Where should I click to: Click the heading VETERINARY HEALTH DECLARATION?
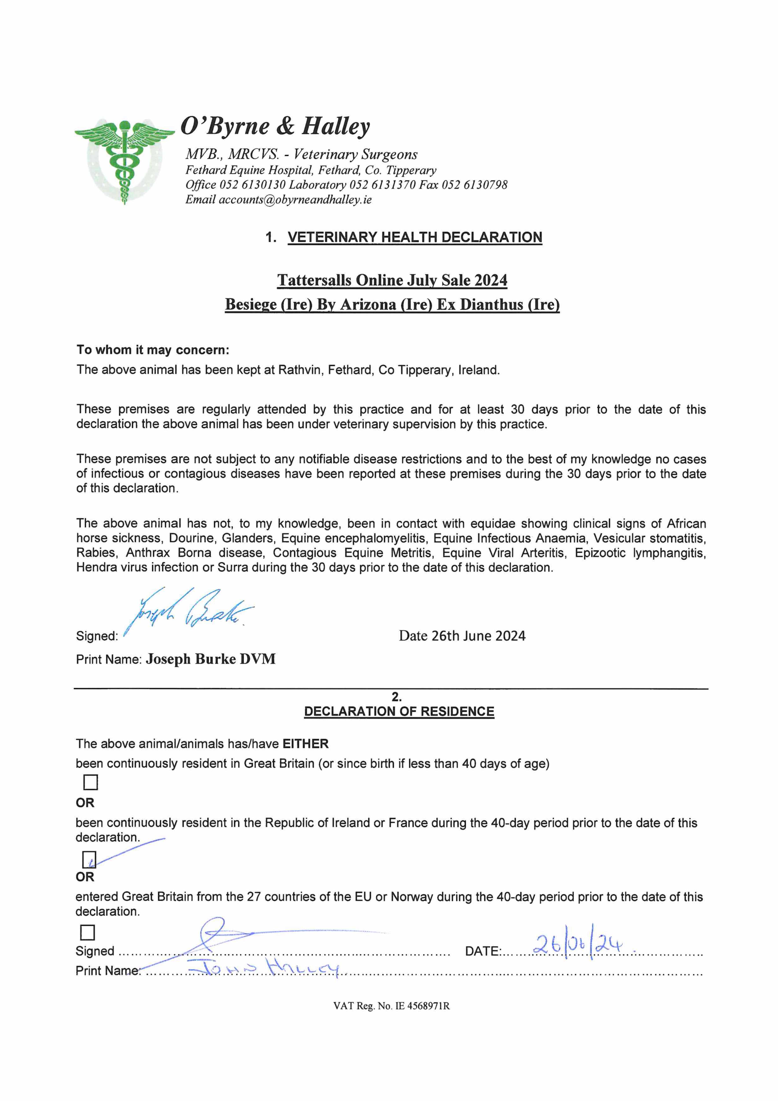[415, 237]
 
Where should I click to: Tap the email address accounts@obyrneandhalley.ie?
[295, 200]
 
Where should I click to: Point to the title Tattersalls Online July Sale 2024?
[392, 281]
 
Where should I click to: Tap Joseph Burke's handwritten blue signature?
[189, 612]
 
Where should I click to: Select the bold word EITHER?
[305, 744]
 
